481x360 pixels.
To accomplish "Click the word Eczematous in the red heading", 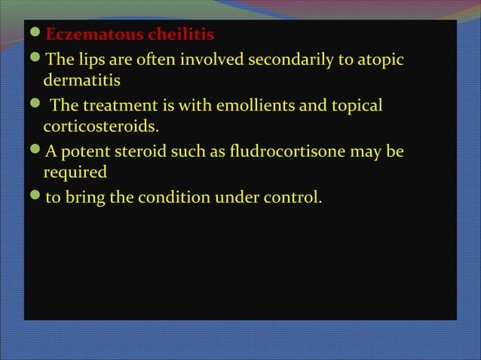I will click(89, 35).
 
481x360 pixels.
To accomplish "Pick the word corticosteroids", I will click(102, 125).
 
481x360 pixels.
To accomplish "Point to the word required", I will click(75, 172).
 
